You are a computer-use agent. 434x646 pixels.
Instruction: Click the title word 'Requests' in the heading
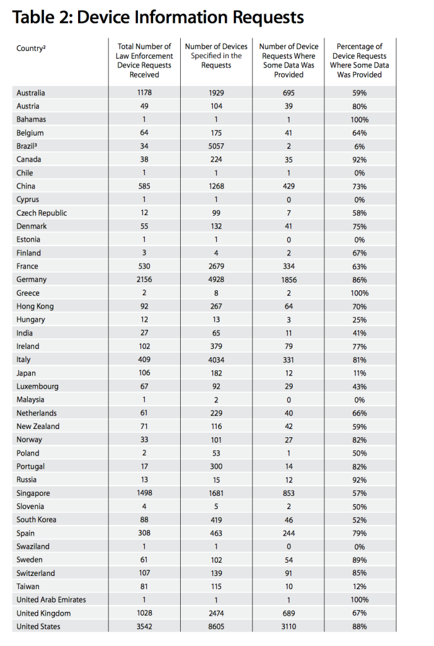tap(268, 18)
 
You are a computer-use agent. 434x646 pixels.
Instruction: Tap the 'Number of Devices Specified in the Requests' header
tap(216, 56)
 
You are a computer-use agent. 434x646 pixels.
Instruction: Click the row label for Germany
tap(31, 279)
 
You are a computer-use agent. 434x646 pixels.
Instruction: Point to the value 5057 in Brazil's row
tap(216, 146)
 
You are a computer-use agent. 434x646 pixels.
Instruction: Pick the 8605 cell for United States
tap(216, 626)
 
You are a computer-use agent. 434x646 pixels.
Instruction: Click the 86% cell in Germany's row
tap(359, 279)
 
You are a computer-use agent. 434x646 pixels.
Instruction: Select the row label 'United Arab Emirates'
tap(51, 600)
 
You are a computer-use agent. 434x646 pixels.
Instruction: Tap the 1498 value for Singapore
tap(144, 493)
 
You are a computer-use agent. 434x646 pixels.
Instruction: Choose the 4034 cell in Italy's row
tap(216, 360)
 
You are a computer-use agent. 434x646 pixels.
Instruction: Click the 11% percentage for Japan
tap(359, 373)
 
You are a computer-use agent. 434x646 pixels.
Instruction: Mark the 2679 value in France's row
tap(216, 266)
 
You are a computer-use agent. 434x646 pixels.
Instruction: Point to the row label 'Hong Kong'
tap(35, 306)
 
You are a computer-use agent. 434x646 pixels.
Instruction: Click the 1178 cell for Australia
tap(144, 93)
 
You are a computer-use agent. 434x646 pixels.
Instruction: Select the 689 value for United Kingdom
tap(288, 613)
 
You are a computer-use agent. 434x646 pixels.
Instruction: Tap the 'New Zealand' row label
tap(38, 426)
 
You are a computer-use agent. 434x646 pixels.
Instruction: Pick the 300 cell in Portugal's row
tap(216, 466)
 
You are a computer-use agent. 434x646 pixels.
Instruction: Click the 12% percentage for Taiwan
tap(359, 587)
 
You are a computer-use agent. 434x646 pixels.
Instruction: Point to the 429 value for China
tap(288, 186)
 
